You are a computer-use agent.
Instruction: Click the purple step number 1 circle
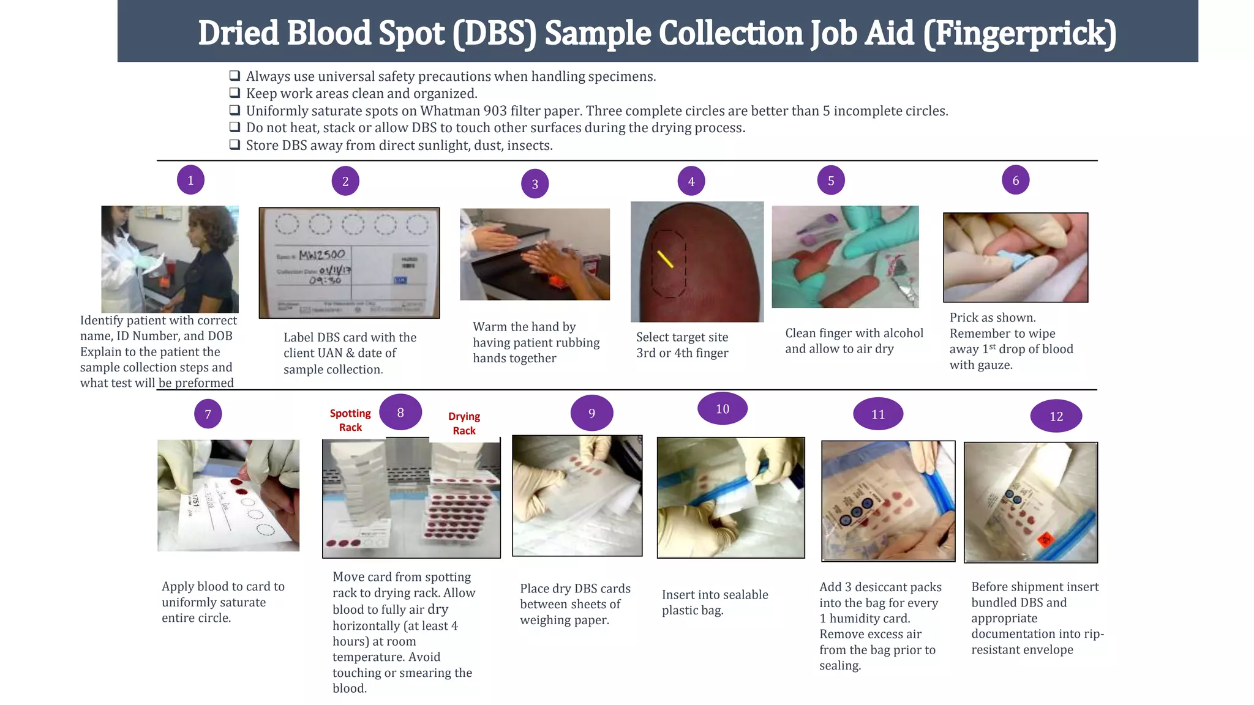click(x=190, y=180)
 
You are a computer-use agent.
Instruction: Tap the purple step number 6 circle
click(x=1015, y=180)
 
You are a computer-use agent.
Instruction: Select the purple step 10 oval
click(x=723, y=408)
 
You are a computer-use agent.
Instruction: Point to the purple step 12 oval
click(x=1056, y=416)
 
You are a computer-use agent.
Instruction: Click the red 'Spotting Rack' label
click(x=350, y=420)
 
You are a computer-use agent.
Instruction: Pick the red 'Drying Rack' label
click(x=464, y=423)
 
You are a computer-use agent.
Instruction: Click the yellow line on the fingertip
click(x=665, y=259)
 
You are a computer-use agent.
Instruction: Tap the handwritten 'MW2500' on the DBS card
click(x=322, y=254)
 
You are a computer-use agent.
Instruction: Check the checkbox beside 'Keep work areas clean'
click(x=235, y=93)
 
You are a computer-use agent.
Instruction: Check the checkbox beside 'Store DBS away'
click(x=235, y=145)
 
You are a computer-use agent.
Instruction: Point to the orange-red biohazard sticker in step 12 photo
click(x=1045, y=540)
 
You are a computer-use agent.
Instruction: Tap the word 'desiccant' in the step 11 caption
click(x=880, y=587)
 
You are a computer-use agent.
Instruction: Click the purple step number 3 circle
click(x=535, y=184)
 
